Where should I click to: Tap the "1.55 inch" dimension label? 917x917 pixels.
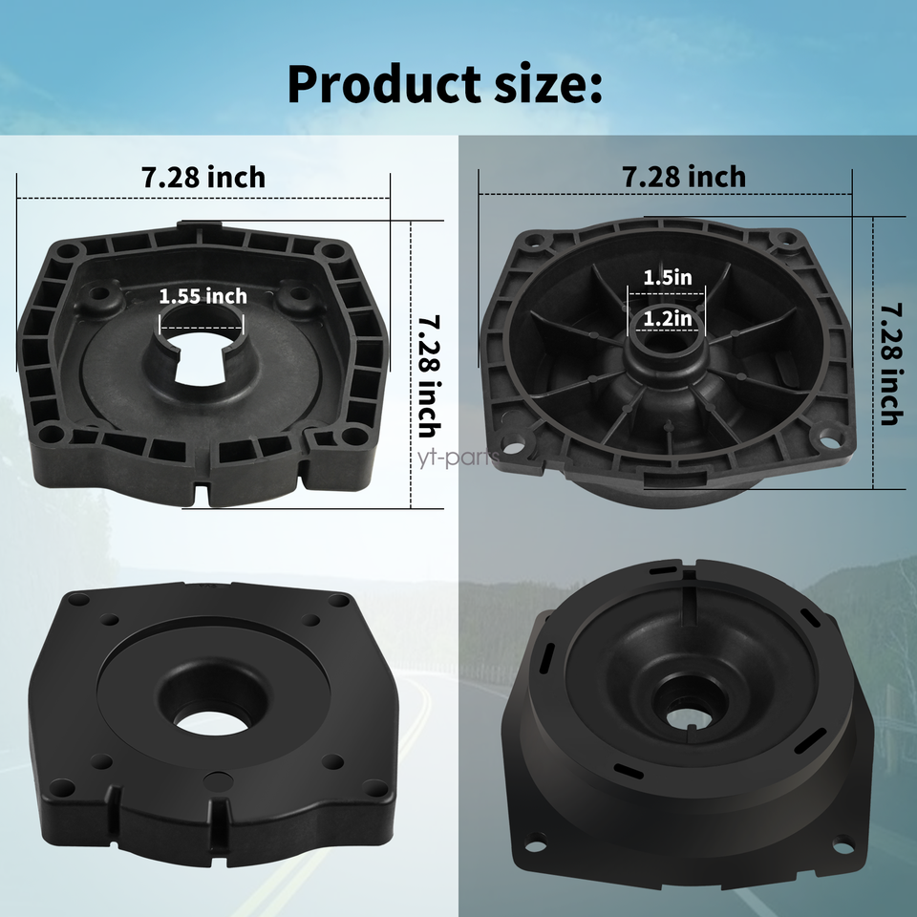(x=203, y=296)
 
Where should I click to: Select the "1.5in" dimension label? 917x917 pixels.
(x=667, y=278)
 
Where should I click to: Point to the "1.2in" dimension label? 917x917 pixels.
(x=667, y=315)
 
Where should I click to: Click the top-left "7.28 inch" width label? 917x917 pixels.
(x=203, y=178)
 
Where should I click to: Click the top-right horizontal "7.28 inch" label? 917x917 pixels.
(x=684, y=177)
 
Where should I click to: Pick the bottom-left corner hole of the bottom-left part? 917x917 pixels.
(x=62, y=787)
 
